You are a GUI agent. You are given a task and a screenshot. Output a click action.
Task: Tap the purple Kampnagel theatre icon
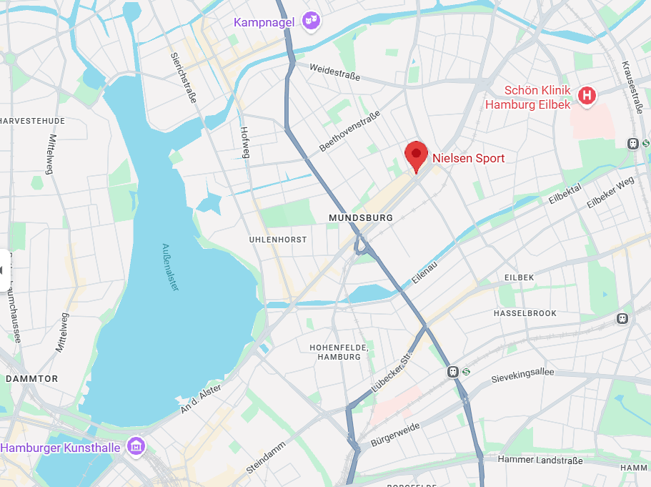tap(310, 21)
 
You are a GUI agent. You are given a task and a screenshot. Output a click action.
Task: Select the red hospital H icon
tap(587, 96)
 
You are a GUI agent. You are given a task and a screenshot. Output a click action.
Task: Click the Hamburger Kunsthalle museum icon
tap(134, 447)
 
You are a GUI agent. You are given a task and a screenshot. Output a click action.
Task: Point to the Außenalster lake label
tap(171, 266)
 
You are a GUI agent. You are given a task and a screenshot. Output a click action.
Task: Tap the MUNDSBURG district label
tap(361, 217)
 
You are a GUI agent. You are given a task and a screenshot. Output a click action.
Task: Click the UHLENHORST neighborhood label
tap(278, 240)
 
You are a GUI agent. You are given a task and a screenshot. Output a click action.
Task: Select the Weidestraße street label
tap(334, 72)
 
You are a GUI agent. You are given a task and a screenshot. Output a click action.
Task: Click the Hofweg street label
tap(245, 142)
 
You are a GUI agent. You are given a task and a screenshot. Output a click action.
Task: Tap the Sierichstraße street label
tap(184, 77)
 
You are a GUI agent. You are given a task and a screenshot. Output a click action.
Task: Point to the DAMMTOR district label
tap(31, 378)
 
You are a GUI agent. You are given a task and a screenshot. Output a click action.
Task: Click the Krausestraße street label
tap(635, 88)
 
